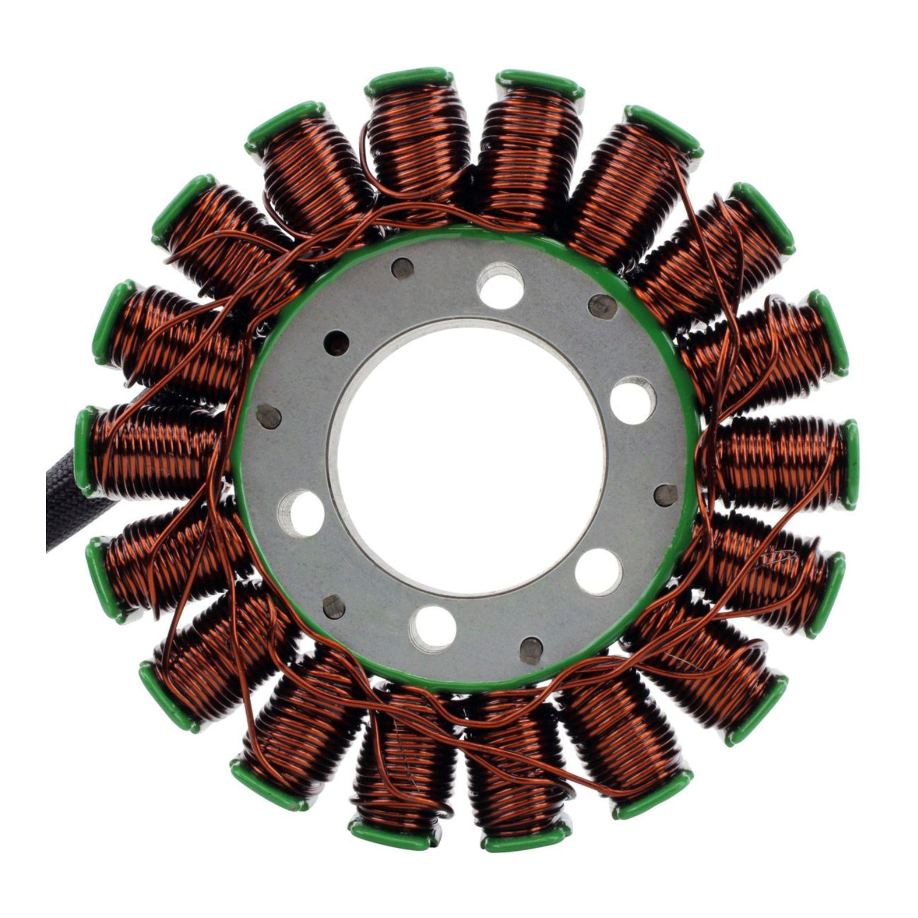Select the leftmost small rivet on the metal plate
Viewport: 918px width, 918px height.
point(268,416)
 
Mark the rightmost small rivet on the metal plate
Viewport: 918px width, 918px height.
point(666,495)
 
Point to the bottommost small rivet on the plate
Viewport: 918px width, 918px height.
point(532,649)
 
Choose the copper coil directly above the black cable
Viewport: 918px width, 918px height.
point(155,448)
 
